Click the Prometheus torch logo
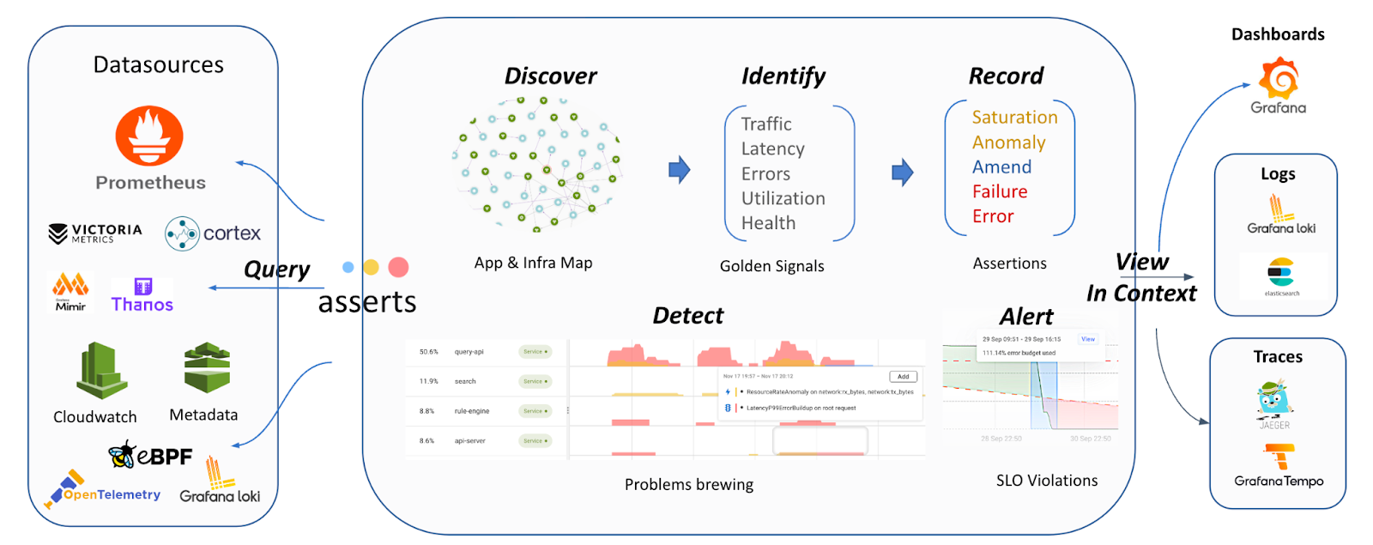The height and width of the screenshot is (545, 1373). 149,136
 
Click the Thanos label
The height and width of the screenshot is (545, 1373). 142,304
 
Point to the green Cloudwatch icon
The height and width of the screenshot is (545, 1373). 102,371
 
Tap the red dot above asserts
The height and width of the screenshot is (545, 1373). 398,267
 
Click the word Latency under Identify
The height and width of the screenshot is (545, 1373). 772,149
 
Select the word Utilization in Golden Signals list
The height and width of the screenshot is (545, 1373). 783,198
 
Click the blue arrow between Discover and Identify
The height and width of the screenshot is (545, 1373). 679,170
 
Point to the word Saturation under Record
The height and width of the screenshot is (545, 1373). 1014,118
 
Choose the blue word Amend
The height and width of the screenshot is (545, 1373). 1001,167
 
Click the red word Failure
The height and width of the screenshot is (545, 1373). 999,191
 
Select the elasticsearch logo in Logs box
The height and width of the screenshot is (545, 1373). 1280,273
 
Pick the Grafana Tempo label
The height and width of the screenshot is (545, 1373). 1279,481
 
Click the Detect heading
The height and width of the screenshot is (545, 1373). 687,316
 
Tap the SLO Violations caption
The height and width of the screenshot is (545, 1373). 1046,481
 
